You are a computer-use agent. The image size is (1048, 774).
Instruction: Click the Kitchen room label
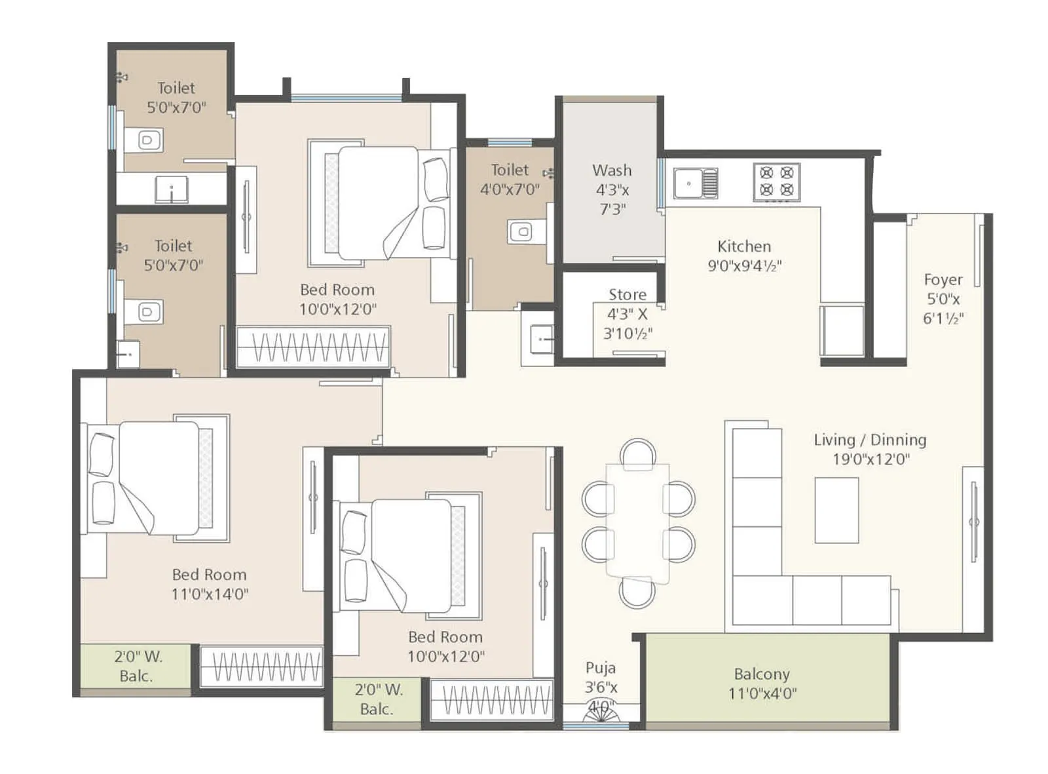(x=744, y=246)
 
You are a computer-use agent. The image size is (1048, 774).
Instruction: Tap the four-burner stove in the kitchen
(x=776, y=182)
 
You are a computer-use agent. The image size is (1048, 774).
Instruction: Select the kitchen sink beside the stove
(x=696, y=183)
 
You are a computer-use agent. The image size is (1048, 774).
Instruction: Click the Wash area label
(x=612, y=170)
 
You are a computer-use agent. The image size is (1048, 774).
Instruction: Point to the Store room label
(x=627, y=294)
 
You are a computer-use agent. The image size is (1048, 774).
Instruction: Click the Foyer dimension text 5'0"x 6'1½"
(x=943, y=309)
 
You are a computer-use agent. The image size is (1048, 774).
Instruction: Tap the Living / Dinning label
(x=870, y=440)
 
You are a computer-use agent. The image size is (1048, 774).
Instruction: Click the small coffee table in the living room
(x=836, y=510)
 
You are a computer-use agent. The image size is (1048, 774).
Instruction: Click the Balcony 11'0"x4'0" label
(x=762, y=684)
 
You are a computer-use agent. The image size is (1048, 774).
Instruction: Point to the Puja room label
(x=600, y=668)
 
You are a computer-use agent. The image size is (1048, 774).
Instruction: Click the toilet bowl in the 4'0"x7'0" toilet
(x=521, y=231)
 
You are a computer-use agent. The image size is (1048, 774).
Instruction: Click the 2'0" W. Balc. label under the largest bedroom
(x=137, y=666)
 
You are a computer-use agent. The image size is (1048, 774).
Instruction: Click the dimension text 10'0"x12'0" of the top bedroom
(x=337, y=309)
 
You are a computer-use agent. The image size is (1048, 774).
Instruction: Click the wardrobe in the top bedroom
(x=312, y=346)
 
